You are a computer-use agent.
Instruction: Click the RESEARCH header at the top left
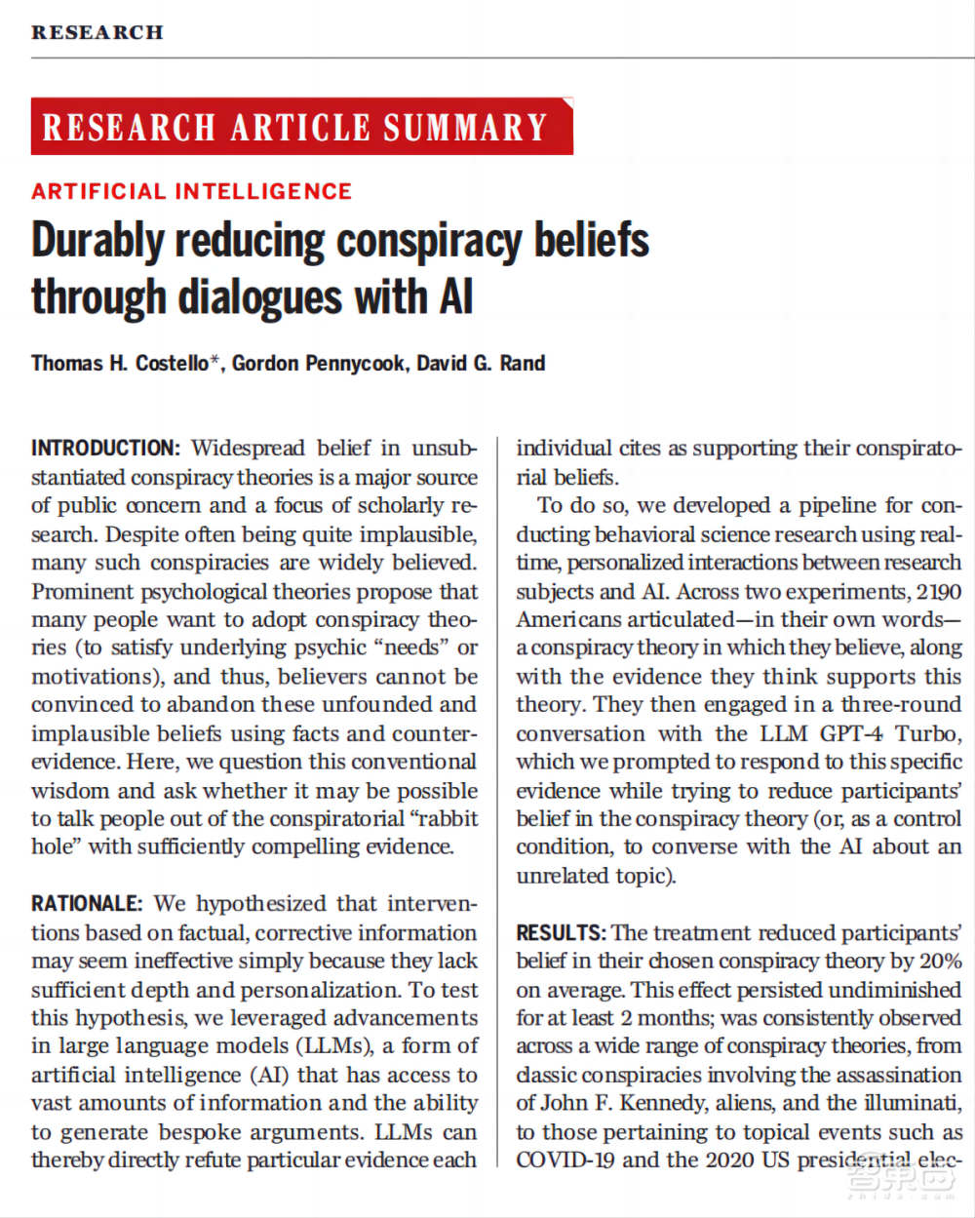(x=97, y=32)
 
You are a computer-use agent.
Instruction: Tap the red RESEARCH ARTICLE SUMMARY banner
(x=301, y=127)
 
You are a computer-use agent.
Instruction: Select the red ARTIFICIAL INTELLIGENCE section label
(x=191, y=191)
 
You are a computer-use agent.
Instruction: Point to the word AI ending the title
(x=455, y=297)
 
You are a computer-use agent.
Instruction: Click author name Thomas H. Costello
(x=119, y=364)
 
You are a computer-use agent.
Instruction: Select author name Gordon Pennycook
(x=318, y=364)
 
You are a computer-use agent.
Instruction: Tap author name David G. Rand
(x=481, y=364)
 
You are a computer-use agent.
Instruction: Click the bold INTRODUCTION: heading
(x=105, y=449)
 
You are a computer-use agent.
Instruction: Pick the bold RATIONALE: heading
(x=86, y=904)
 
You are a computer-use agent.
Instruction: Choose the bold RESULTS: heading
(x=561, y=932)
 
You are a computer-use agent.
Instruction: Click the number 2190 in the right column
(x=938, y=592)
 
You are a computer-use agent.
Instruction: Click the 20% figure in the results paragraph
(x=940, y=961)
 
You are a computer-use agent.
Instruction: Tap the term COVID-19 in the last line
(x=565, y=1160)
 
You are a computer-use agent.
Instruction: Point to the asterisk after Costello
(x=215, y=362)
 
